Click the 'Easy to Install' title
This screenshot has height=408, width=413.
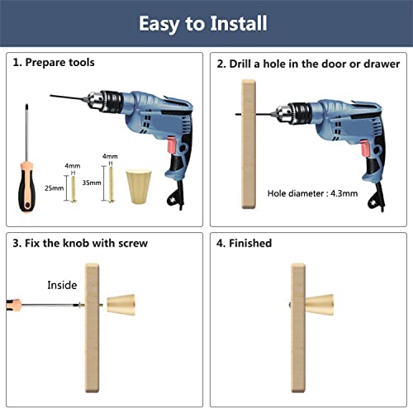pyautogui.click(x=203, y=24)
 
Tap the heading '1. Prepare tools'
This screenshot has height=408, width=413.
pyautogui.click(x=54, y=63)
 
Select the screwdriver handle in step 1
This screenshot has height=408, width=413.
pyautogui.click(x=26, y=187)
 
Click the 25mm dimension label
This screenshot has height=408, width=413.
pyautogui.click(x=55, y=188)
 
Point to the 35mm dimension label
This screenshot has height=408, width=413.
pyautogui.click(x=92, y=183)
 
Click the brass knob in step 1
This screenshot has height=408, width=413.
pyautogui.click(x=139, y=187)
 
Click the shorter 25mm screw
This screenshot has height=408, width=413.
pyautogui.click(x=74, y=189)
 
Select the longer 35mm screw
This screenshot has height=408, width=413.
pyautogui.click(x=111, y=184)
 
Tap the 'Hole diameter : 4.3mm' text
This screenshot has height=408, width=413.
pyautogui.click(x=312, y=193)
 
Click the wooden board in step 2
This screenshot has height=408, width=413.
pyautogui.click(x=249, y=145)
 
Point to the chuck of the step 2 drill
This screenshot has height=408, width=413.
pyautogui.click(x=293, y=114)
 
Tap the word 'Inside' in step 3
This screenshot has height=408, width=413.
pyautogui.click(x=62, y=285)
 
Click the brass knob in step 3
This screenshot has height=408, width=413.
pyautogui.click(x=121, y=305)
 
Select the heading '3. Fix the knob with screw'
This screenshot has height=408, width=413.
pyautogui.click(x=80, y=244)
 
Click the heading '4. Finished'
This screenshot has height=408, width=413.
pyautogui.click(x=244, y=244)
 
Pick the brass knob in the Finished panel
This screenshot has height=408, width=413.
pyautogui.click(x=320, y=305)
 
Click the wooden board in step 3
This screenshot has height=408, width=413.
pyautogui.click(x=92, y=328)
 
